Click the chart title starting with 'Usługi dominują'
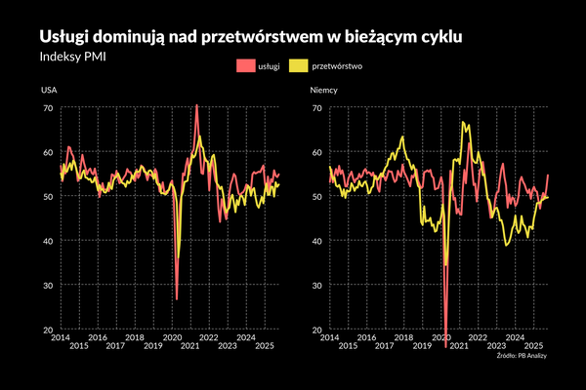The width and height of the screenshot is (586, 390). pos(250,35)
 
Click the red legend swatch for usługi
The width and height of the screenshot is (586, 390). pos(244,66)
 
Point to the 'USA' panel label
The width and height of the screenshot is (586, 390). pos(48,91)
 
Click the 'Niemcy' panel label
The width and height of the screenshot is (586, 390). pos(323,91)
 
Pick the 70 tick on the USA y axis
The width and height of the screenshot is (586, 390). pos(47,107)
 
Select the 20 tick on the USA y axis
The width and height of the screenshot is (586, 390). pos(47,330)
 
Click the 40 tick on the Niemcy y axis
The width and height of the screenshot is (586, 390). pos(316,241)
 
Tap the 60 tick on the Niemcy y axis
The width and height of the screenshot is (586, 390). pos(316,152)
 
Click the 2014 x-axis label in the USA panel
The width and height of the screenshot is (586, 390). pos(60,336)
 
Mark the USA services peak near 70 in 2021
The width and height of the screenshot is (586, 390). pos(197,105)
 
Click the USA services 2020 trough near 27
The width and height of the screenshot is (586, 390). pos(176,298)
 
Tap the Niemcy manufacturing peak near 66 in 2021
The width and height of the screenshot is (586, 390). pos(463,123)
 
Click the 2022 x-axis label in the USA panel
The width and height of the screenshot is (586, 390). pos(209,336)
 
